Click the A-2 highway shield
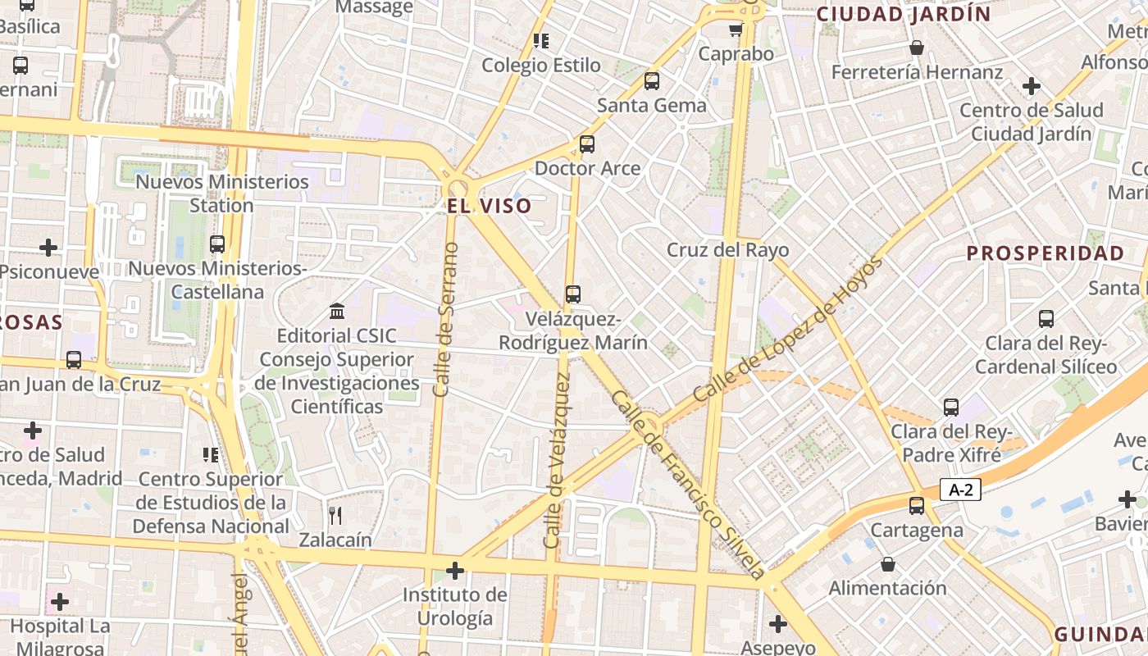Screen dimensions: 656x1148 (960, 490)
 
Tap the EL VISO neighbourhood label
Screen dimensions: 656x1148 (490, 206)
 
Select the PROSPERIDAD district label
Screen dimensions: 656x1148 (1045, 253)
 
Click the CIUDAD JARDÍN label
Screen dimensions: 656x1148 (904, 14)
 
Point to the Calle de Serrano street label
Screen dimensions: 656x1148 (443, 320)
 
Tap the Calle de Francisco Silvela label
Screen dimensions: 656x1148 (689, 484)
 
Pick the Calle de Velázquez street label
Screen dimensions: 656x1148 (556, 461)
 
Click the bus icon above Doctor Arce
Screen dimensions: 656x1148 (587, 144)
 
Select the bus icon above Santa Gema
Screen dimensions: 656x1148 (652, 81)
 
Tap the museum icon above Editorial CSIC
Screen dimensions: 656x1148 (337, 312)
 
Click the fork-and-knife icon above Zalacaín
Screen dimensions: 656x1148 (335, 516)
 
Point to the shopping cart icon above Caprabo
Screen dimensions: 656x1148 (736, 30)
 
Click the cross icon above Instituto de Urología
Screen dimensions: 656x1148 (455, 571)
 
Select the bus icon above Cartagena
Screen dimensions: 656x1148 (917, 506)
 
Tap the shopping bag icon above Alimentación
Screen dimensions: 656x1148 (887, 564)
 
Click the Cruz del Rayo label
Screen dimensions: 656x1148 (727, 250)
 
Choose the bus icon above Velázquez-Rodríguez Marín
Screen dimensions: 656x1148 (573, 294)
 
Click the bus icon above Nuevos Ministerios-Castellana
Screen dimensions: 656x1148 (217, 244)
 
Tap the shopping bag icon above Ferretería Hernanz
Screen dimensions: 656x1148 (917, 48)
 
